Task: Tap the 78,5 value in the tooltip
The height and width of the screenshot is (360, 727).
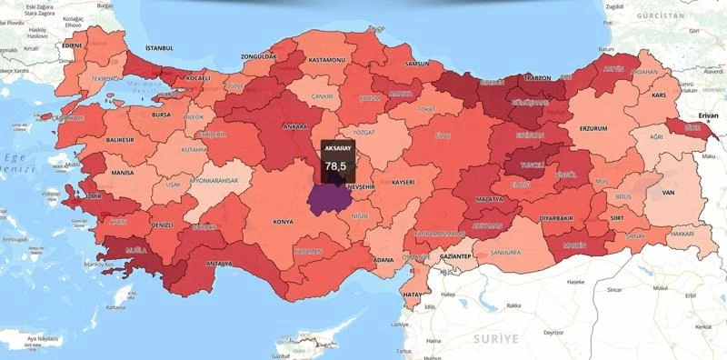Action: [336, 166]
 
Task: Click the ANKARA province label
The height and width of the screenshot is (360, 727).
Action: [295, 126]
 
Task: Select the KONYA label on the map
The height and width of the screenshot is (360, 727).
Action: [284, 222]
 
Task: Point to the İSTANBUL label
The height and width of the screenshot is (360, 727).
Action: [159, 47]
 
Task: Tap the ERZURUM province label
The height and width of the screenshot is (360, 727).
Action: [593, 128]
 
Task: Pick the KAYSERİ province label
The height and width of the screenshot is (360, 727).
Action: [403, 182]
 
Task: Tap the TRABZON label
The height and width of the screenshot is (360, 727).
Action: [538, 78]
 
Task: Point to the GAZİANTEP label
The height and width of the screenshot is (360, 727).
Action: [454, 257]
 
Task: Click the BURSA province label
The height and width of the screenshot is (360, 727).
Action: [161, 115]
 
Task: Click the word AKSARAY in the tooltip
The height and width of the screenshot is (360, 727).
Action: [337, 147]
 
